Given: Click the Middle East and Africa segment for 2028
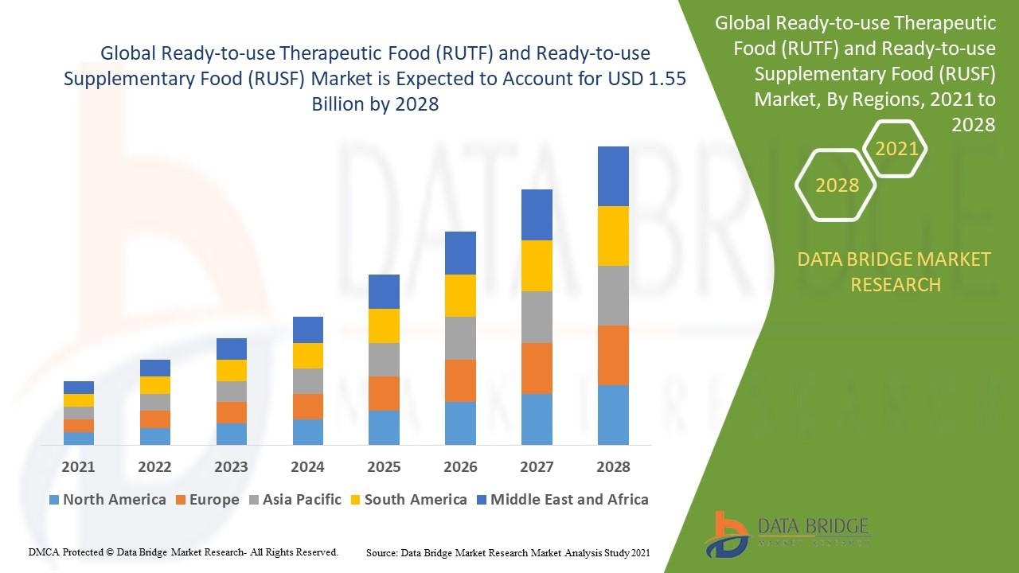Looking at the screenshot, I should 613,176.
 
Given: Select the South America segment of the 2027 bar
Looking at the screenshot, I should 537,266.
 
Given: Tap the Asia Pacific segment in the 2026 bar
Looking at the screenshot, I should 460,338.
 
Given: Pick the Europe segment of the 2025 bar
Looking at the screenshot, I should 384,393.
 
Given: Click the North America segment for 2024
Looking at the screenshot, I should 308,431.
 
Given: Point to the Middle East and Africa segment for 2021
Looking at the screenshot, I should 79,388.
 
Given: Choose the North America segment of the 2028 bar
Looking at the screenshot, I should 613,415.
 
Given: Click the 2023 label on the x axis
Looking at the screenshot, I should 231,466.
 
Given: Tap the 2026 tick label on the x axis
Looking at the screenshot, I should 460,466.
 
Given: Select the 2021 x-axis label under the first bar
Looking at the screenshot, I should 79,466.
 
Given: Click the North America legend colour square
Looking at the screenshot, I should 53,501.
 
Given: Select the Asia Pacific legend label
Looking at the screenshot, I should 302,500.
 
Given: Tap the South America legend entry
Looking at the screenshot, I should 416,500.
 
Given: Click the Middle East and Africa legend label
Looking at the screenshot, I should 569,500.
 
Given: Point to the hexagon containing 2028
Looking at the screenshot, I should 837,185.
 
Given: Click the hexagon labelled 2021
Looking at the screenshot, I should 896,149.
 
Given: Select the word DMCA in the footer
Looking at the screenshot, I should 44,552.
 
